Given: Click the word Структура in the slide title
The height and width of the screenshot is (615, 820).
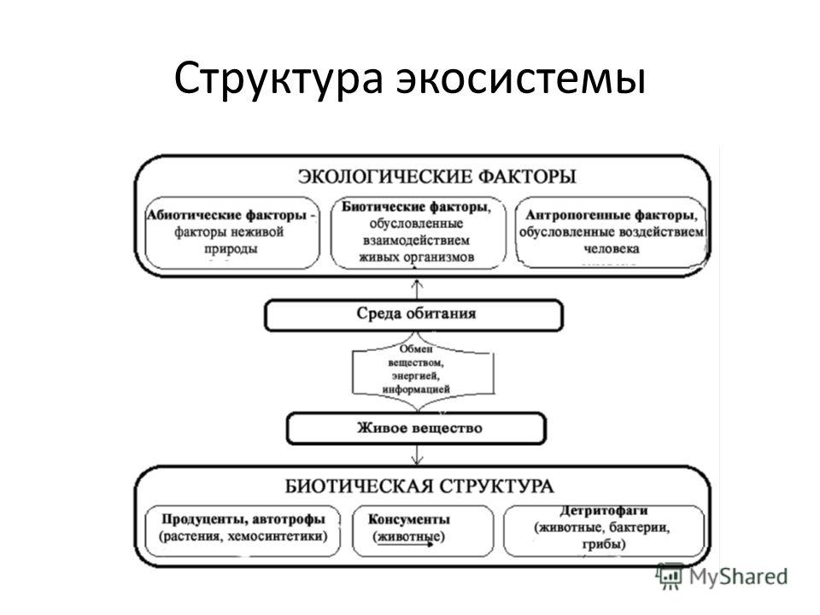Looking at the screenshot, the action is [278, 79].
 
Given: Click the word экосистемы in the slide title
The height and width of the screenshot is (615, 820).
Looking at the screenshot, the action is [521, 79].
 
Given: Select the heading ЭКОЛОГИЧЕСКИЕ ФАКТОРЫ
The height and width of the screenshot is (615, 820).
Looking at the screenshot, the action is [437, 176].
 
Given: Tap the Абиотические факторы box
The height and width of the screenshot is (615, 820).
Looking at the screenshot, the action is [231, 233].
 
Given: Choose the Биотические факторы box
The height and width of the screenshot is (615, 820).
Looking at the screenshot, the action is [419, 233].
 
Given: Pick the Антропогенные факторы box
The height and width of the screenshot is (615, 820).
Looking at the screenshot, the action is [611, 232].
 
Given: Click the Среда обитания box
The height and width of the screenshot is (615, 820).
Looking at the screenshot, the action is [413, 315].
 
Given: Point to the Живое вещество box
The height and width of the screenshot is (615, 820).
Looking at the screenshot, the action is [416, 428].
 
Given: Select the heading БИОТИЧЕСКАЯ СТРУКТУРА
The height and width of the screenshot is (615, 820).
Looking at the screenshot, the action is [419, 487].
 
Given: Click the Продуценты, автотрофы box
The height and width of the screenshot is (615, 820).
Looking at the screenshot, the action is [243, 530].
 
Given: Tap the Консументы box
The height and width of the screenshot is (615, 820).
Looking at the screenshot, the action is [423, 530].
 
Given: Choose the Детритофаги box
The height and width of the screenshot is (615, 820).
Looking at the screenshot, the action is [604, 530].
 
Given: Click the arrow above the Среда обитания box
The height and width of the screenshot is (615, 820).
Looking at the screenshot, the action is [417, 290].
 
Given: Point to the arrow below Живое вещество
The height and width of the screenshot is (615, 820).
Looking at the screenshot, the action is [417, 455].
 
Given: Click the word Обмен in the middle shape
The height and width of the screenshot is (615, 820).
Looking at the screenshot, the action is [416, 349].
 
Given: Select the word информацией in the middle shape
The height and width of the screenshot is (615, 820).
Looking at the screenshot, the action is [416, 389].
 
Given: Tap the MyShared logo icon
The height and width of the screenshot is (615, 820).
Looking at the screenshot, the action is [670, 576].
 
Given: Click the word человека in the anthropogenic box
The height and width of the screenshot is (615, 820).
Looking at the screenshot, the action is [611, 249].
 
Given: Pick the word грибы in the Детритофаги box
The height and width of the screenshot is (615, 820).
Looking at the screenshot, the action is [604, 544].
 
